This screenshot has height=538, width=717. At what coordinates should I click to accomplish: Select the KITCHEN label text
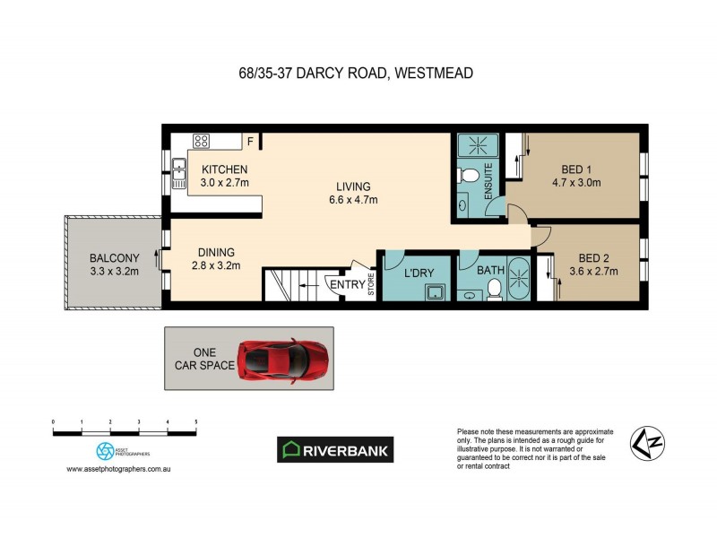[x=224, y=169]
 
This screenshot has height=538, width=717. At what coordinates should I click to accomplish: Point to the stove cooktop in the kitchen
[x=202, y=140]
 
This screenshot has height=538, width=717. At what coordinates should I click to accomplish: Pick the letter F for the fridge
[x=252, y=141]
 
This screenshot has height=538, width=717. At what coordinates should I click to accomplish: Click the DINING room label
[x=216, y=253]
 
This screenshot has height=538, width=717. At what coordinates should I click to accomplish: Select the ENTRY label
[x=347, y=285]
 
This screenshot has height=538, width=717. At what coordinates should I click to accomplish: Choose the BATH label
[x=490, y=269]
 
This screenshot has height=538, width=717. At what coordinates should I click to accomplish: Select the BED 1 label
[x=576, y=169]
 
